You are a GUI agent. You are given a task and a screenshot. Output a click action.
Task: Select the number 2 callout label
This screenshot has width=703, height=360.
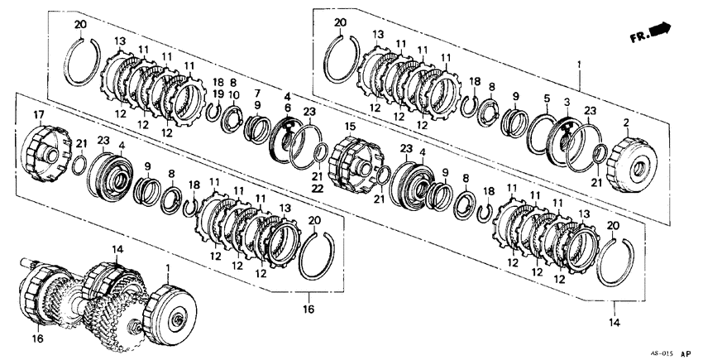(626, 122)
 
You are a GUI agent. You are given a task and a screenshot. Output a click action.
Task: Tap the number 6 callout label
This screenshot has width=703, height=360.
(288, 108)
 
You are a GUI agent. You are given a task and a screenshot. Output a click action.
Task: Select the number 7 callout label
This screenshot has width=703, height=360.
(257, 93)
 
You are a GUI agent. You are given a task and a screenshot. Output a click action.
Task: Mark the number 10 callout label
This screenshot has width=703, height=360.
(234, 96)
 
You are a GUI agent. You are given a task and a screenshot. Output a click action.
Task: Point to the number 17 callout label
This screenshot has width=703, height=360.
(39, 114)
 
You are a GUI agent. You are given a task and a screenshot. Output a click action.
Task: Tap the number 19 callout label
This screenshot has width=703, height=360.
(219, 96)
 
